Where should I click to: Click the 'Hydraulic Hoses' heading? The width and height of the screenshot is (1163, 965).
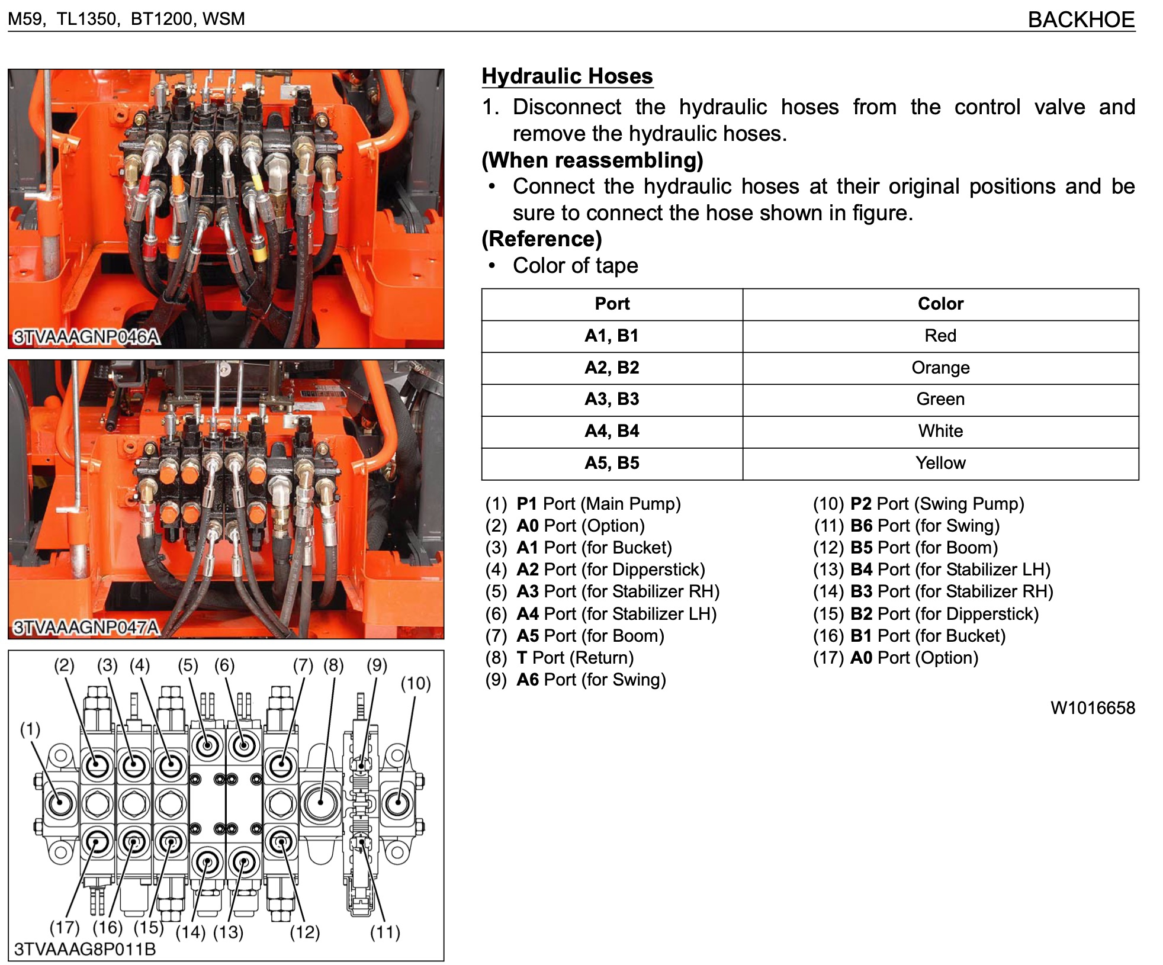click(567, 76)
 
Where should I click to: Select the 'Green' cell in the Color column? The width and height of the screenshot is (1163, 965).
click(940, 399)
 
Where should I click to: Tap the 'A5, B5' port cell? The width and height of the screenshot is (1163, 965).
click(612, 463)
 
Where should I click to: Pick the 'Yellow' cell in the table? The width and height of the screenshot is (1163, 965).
click(940, 463)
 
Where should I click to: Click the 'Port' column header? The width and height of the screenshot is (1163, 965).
click(612, 304)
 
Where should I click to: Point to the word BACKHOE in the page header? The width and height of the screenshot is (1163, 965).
click(1081, 20)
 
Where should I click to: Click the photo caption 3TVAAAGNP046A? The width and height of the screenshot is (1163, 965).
click(86, 337)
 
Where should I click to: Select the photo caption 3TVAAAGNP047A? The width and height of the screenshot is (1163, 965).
click(86, 627)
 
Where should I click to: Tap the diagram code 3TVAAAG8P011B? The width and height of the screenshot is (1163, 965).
click(85, 950)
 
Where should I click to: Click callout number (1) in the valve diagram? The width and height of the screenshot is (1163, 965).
click(30, 729)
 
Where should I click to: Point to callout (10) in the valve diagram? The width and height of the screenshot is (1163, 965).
click(415, 684)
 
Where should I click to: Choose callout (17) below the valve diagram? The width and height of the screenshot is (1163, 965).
click(65, 927)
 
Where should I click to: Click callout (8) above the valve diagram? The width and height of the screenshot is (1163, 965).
click(333, 665)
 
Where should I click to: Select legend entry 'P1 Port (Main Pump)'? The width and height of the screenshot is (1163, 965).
click(598, 504)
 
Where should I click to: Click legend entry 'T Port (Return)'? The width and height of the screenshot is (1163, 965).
click(574, 658)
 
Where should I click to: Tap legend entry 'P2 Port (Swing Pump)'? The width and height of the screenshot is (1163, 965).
click(936, 504)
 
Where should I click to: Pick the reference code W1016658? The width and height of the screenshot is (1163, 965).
click(1093, 708)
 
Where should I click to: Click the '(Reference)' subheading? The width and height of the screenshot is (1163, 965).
click(542, 239)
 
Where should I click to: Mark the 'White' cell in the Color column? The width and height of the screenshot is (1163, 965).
click(940, 431)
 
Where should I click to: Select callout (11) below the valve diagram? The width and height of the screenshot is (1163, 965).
click(385, 933)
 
